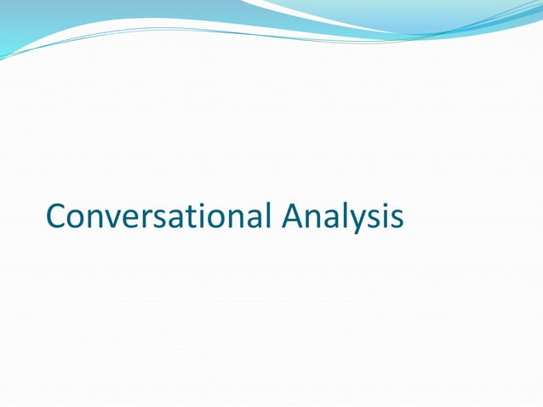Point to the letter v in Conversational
[x=111, y=219]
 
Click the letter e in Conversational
[x=129, y=219]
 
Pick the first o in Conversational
[x=75, y=219]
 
